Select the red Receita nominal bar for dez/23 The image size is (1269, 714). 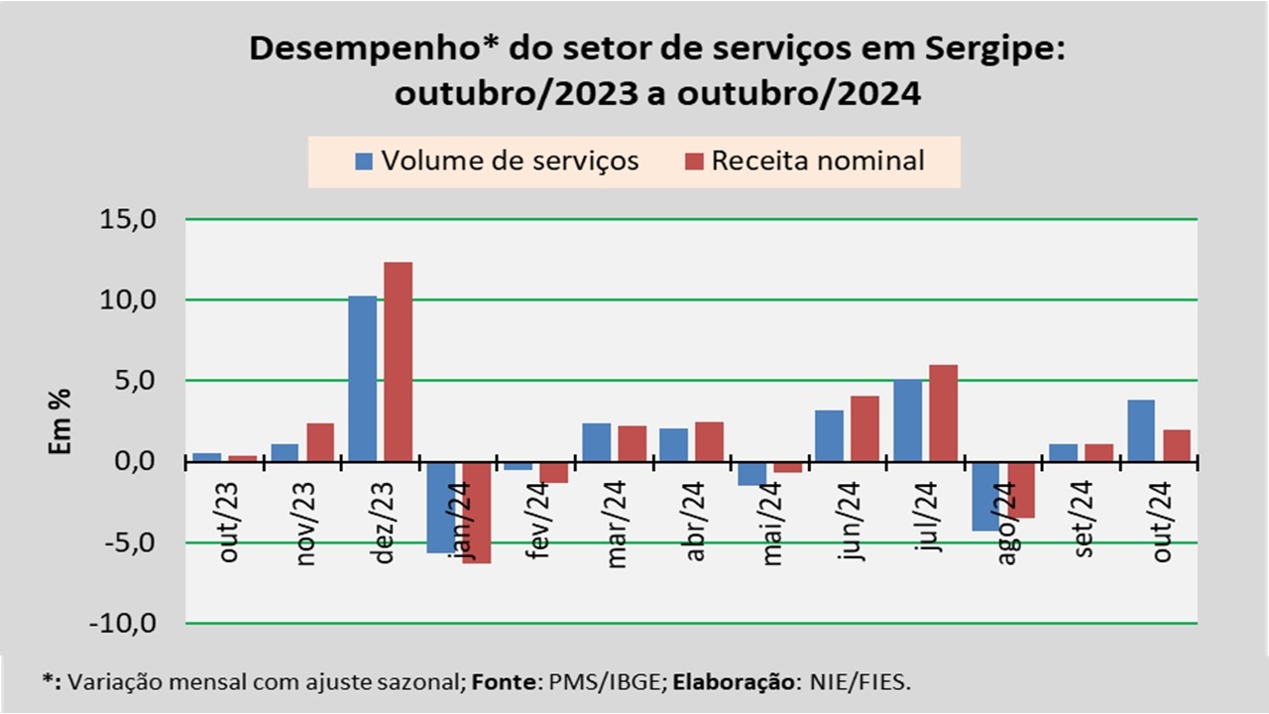click(x=398, y=362)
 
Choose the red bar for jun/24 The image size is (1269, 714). click(x=865, y=428)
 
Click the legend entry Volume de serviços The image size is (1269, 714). click(x=498, y=160)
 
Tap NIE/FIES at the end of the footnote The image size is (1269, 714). click(x=869, y=682)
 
